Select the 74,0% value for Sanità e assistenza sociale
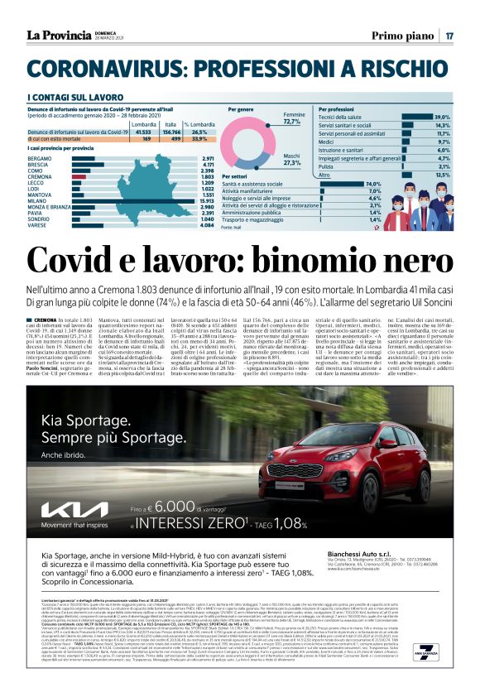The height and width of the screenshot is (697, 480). click(372, 184)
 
